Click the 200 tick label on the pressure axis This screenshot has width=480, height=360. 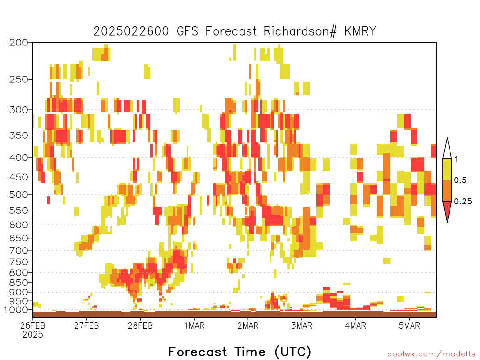19,43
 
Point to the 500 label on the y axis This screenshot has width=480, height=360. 19,195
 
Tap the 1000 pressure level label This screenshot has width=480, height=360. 16,310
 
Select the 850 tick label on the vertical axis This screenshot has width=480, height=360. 19,283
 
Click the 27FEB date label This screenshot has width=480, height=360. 87,325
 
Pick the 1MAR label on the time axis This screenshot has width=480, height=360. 195,325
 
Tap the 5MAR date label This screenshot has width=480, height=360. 410,325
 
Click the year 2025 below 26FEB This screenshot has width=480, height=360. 33,335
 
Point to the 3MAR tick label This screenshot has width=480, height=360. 302,325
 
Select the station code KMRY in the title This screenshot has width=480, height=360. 360,31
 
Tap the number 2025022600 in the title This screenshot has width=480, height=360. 131,31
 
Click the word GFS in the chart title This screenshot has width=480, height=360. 187,31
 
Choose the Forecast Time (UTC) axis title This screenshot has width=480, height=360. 240,352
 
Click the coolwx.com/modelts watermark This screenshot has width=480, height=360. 431,354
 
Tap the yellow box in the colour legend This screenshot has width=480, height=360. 447,169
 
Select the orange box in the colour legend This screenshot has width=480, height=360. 447,190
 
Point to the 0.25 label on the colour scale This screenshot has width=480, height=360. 463,202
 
